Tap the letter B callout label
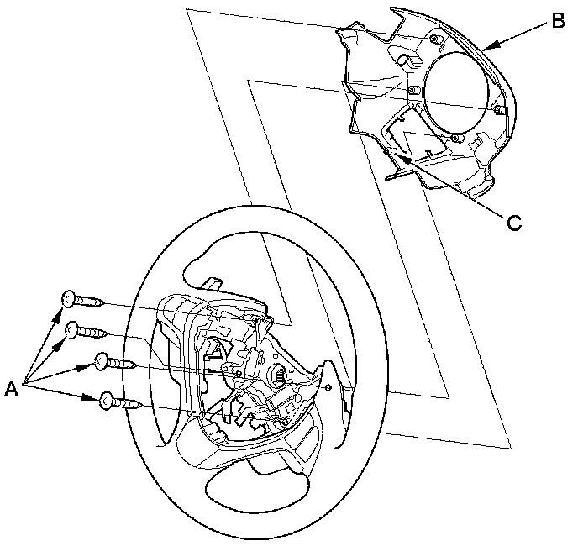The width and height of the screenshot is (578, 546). (x=556, y=22)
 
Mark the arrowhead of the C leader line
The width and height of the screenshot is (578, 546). (x=397, y=155)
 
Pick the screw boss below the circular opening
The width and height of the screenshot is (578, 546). (x=455, y=137)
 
